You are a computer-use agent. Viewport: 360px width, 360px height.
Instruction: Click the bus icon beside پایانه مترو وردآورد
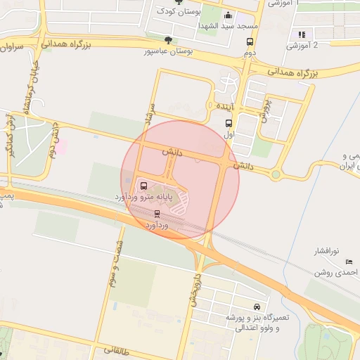[x=144, y=186]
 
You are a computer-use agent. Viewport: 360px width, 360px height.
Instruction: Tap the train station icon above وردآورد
[x=156, y=213]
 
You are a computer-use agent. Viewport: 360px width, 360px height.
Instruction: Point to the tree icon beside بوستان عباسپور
[x=167, y=40]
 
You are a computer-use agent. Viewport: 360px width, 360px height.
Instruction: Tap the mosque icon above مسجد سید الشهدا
[x=227, y=15]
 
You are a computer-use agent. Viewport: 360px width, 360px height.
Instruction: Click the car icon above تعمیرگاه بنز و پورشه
[x=257, y=307]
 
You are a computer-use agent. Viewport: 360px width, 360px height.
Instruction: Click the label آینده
[x=224, y=105]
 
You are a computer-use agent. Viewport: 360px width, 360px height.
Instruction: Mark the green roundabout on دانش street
[x=276, y=174]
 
